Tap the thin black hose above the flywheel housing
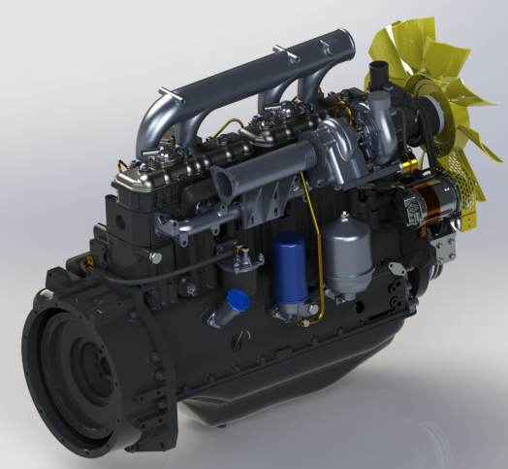pos(145,279)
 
